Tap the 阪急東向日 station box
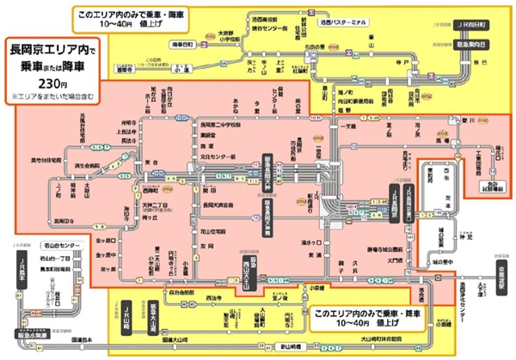click(471, 42)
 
